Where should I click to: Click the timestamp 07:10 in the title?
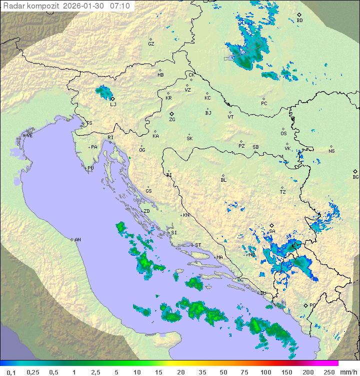point(120,6)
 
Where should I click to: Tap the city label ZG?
point(172,120)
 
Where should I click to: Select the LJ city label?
point(113,104)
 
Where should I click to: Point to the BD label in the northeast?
point(299,21)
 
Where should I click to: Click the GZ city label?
point(151,44)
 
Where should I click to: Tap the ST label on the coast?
point(198,245)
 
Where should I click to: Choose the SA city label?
point(272,231)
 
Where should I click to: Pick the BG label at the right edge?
point(355,177)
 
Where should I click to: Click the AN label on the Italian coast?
point(77,240)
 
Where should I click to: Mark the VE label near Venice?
point(29,136)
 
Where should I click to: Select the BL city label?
point(223,180)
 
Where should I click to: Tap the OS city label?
point(283,133)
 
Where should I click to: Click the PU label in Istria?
point(90,168)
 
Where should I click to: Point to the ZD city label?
point(146,211)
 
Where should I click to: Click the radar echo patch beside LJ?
point(104,92)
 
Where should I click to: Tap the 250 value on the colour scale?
point(328,372)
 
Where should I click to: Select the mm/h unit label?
point(347,372)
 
